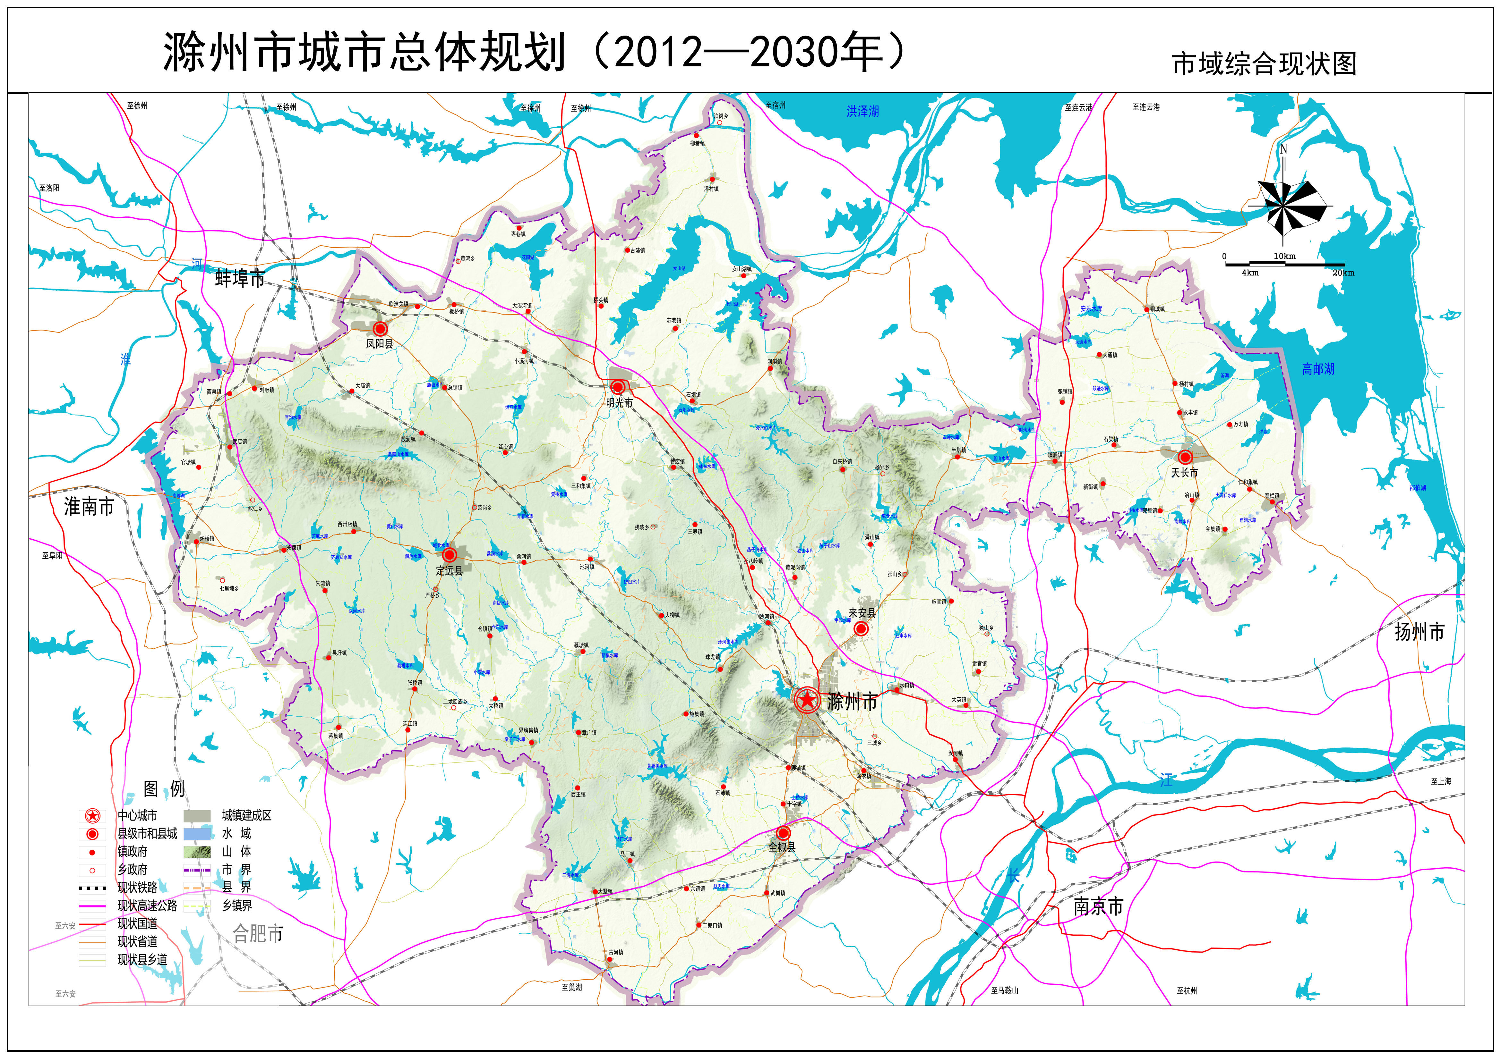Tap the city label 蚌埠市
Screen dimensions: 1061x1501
[240, 279]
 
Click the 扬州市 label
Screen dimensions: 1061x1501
[1419, 632]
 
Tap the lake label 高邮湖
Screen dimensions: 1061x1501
[1318, 369]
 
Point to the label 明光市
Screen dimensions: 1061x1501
[619, 403]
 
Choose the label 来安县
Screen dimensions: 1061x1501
[862, 613]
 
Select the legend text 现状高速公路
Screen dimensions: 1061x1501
[147, 905]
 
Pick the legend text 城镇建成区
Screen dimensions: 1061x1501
[246, 815]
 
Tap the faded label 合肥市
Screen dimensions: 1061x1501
[258, 934]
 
